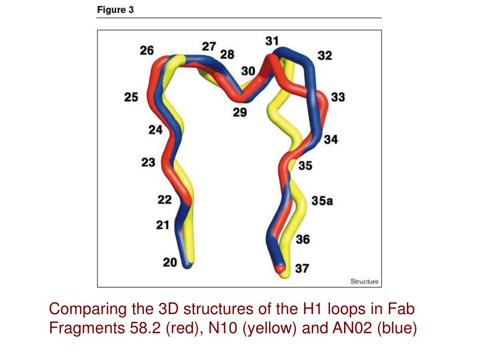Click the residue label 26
147,51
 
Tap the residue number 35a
322,201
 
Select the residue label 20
170,262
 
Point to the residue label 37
302,269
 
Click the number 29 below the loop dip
240,112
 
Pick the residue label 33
338,97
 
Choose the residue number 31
272,41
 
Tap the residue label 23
148,163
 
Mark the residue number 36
303,240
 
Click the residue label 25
131,97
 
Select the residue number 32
325,56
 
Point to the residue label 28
227,54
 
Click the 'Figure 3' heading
115,10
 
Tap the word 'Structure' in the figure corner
364,281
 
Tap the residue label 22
165,200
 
